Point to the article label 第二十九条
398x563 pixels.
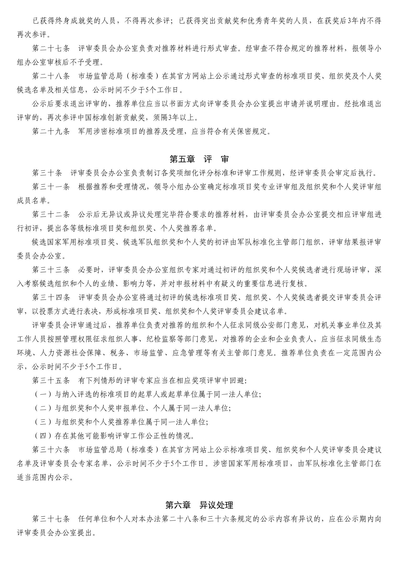(51, 131)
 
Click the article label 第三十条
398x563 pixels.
(47, 173)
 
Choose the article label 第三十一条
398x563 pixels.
(51, 187)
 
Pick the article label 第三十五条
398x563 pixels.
(51, 380)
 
